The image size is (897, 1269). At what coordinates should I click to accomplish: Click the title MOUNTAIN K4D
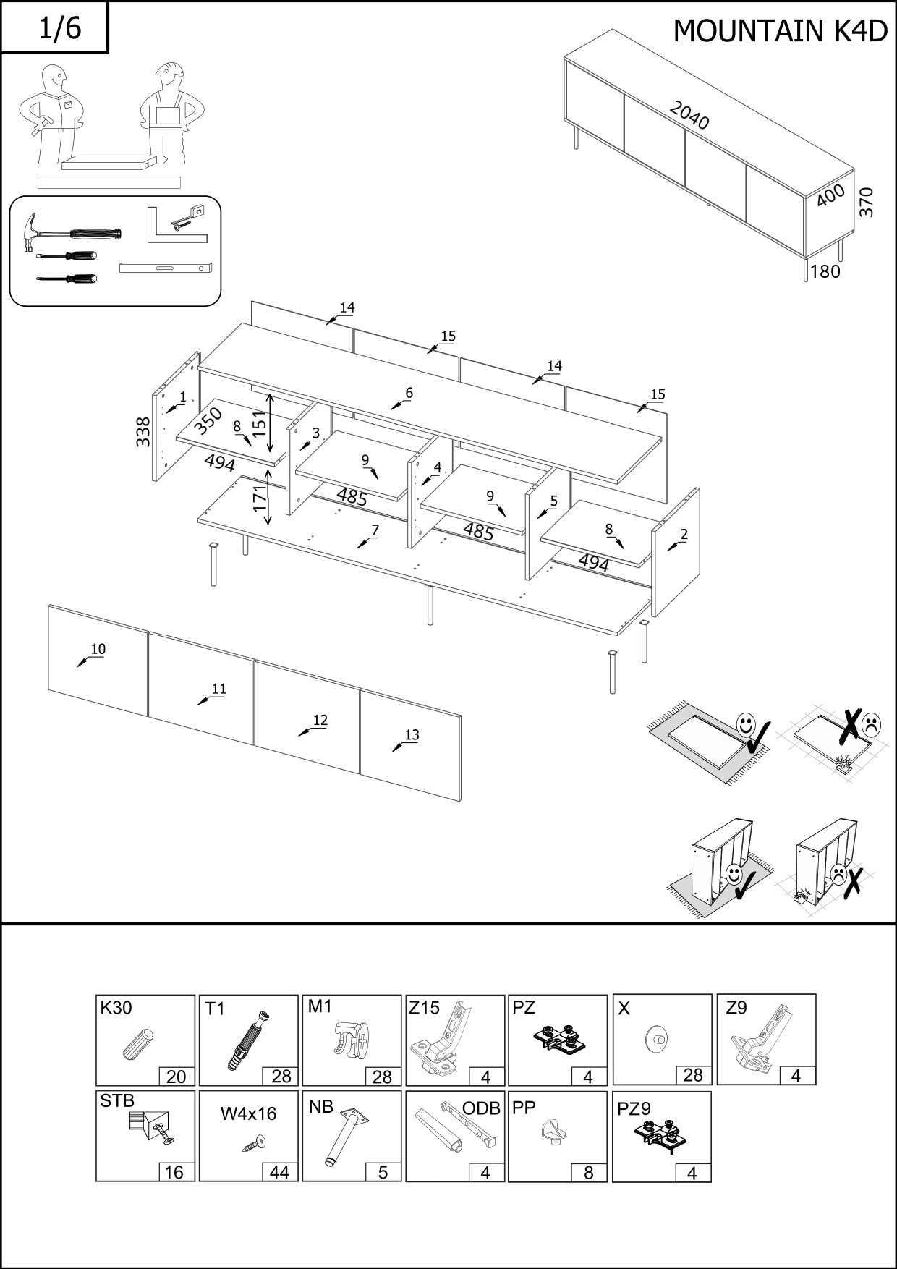780,31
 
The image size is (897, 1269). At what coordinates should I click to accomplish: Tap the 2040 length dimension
689,116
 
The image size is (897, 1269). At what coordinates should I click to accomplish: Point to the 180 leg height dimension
825,271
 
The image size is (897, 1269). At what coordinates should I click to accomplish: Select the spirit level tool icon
165,268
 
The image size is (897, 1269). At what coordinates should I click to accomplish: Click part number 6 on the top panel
409,393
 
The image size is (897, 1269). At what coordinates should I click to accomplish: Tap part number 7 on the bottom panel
375,530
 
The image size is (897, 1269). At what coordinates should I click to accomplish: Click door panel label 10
98,649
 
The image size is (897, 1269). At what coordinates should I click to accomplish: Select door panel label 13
411,734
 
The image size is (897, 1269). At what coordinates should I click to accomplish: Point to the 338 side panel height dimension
143,432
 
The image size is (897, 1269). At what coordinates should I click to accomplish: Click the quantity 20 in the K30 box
176,1077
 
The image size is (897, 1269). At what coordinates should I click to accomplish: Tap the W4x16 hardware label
248,1113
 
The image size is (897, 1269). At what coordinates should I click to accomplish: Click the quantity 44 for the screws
279,1172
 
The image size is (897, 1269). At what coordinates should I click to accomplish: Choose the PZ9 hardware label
634,1108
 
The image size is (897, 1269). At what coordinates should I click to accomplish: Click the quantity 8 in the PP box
588,1172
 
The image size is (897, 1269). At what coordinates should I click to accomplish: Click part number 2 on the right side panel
684,535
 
